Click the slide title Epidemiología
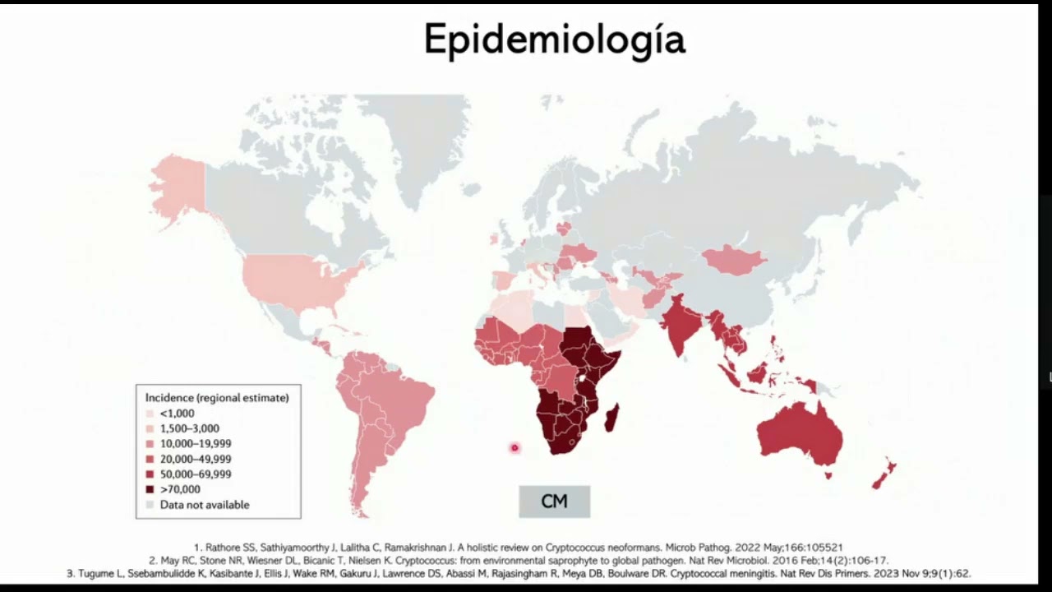coord(554,39)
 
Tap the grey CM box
coord(554,502)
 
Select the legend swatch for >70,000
coord(150,489)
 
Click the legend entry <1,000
coord(177,414)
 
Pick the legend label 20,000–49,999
coord(195,459)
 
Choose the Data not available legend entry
coord(204,505)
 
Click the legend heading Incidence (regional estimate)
coord(217,398)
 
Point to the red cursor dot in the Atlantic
coord(514,448)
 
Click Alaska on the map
coord(178,189)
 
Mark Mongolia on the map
coord(734,261)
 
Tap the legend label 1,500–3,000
coord(189,428)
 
